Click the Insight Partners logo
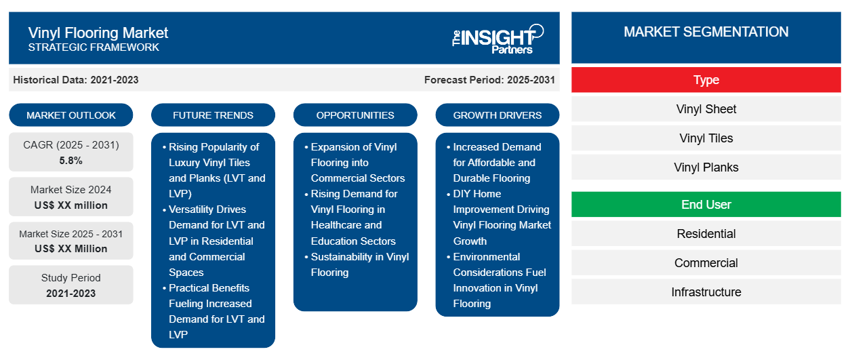pos(498,39)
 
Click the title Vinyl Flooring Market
pos(98,33)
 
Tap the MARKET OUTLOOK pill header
pos(71,115)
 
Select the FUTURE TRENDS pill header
pos(213,115)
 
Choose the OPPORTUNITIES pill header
pos(355,115)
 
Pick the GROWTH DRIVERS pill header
pos(497,115)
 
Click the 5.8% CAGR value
pos(71,161)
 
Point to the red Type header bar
pos(706,80)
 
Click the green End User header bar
pos(706,205)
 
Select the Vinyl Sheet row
pos(706,109)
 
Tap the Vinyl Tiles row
pos(706,138)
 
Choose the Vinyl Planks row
pos(706,167)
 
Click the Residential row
pos(706,234)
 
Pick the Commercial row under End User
pos(706,263)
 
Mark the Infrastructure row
pos(706,292)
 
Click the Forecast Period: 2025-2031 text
pos(489,80)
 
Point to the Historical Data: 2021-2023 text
pos(76,80)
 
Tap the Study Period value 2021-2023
pos(71,294)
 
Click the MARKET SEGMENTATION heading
pos(706,32)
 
